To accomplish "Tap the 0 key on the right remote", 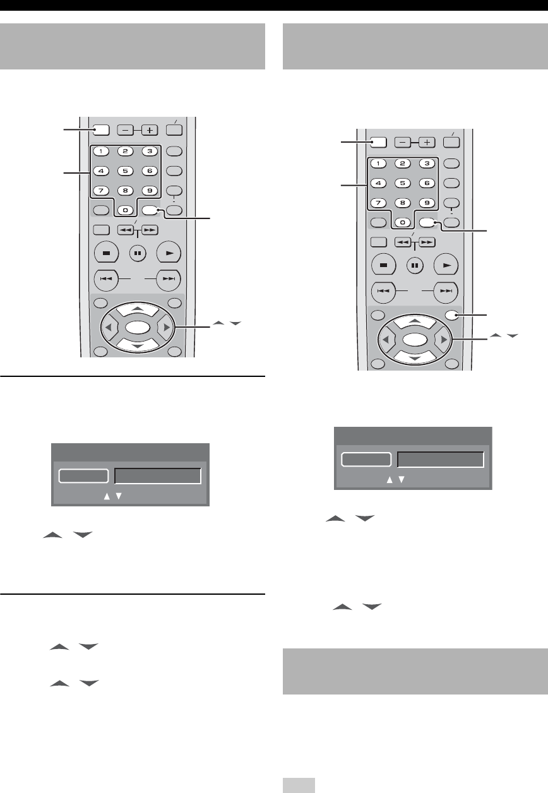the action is click(400, 223).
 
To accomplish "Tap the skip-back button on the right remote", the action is click(383, 291).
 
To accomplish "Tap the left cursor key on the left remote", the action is click(108, 328).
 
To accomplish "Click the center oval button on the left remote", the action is click(137, 328).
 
